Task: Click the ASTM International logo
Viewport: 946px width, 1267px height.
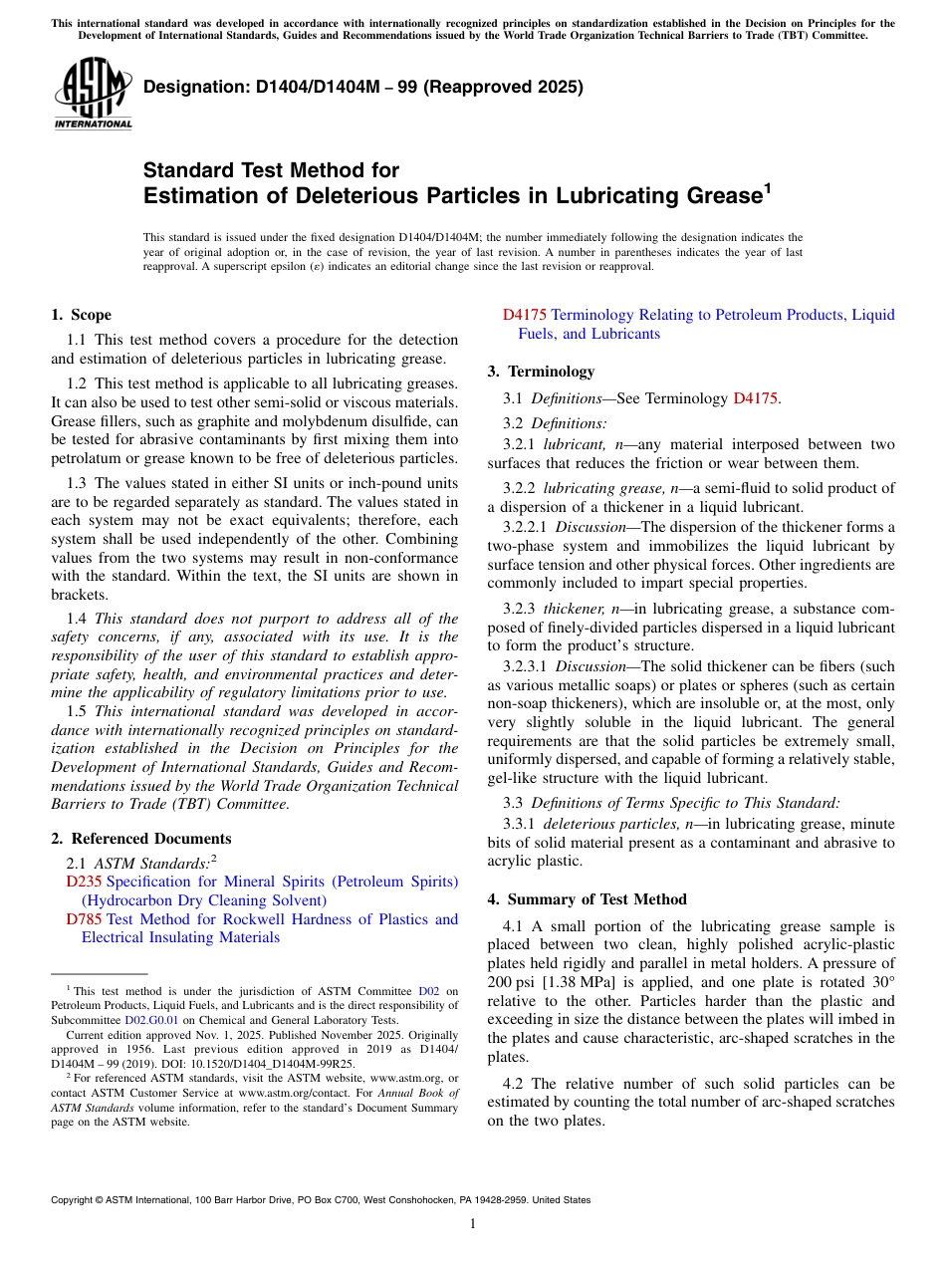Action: tap(93, 94)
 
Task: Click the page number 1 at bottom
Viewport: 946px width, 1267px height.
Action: tap(473, 1224)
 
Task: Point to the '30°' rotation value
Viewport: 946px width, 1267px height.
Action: tap(878, 981)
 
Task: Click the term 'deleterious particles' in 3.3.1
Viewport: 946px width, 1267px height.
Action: tap(610, 824)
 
